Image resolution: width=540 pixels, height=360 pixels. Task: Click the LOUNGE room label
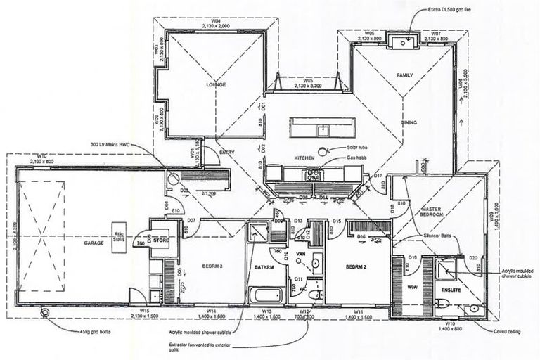point(216,84)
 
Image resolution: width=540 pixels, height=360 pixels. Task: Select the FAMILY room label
point(405,75)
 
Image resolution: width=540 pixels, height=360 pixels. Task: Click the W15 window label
point(145,311)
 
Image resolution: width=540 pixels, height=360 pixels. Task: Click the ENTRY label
point(227,152)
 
